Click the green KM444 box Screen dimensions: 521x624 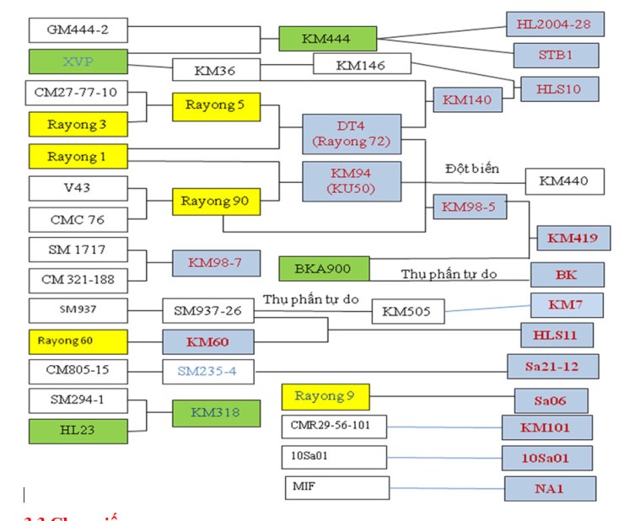[x=327, y=38]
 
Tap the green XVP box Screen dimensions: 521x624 [x=78, y=62]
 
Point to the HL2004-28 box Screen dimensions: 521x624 [x=552, y=24]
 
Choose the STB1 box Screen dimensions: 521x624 [x=557, y=56]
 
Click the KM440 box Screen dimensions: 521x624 [x=564, y=180]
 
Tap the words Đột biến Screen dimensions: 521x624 [x=472, y=169]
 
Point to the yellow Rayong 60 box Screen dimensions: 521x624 [x=78, y=341]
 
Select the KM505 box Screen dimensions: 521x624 [x=406, y=311]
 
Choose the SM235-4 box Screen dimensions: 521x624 [x=207, y=370]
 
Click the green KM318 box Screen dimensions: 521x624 [x=215, y=413]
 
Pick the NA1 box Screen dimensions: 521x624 [x=550, y=489]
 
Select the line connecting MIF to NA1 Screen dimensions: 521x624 [x=447, y=488]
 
